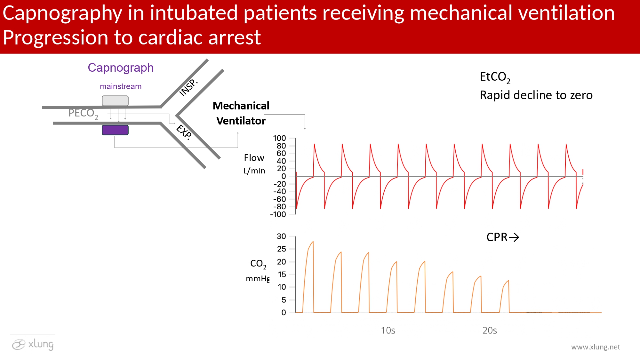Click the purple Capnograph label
121,68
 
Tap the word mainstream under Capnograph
121,86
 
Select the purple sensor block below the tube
115,130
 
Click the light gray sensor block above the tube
115,101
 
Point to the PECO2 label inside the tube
83,113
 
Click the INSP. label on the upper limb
188,87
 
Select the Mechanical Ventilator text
241,113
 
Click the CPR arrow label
502,237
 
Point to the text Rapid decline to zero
536,95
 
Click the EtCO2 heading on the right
495,77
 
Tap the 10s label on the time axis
388,331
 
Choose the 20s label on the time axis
490,331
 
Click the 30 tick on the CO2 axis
281,236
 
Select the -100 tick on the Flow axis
278,214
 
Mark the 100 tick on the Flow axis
279,138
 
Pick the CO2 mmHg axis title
258,271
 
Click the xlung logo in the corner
33,345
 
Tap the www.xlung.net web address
596,347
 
